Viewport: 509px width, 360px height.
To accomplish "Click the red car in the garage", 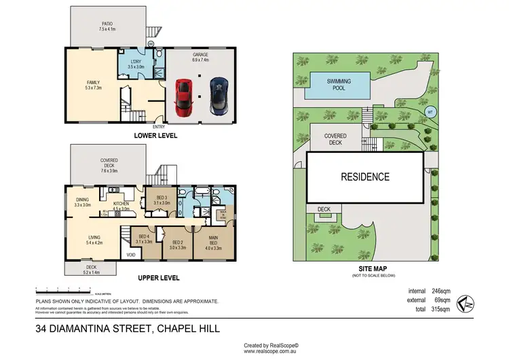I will (183, 97).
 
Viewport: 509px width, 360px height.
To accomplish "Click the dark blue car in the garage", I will (218, 97).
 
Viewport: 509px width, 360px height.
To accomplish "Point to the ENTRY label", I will (159, 127).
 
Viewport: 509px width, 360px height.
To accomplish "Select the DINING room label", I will (82, 200).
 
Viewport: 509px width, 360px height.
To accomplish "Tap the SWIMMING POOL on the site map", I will (339, 83).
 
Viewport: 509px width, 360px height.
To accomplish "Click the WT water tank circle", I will (429, 111).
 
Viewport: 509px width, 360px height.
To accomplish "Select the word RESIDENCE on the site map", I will (365, 177).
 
